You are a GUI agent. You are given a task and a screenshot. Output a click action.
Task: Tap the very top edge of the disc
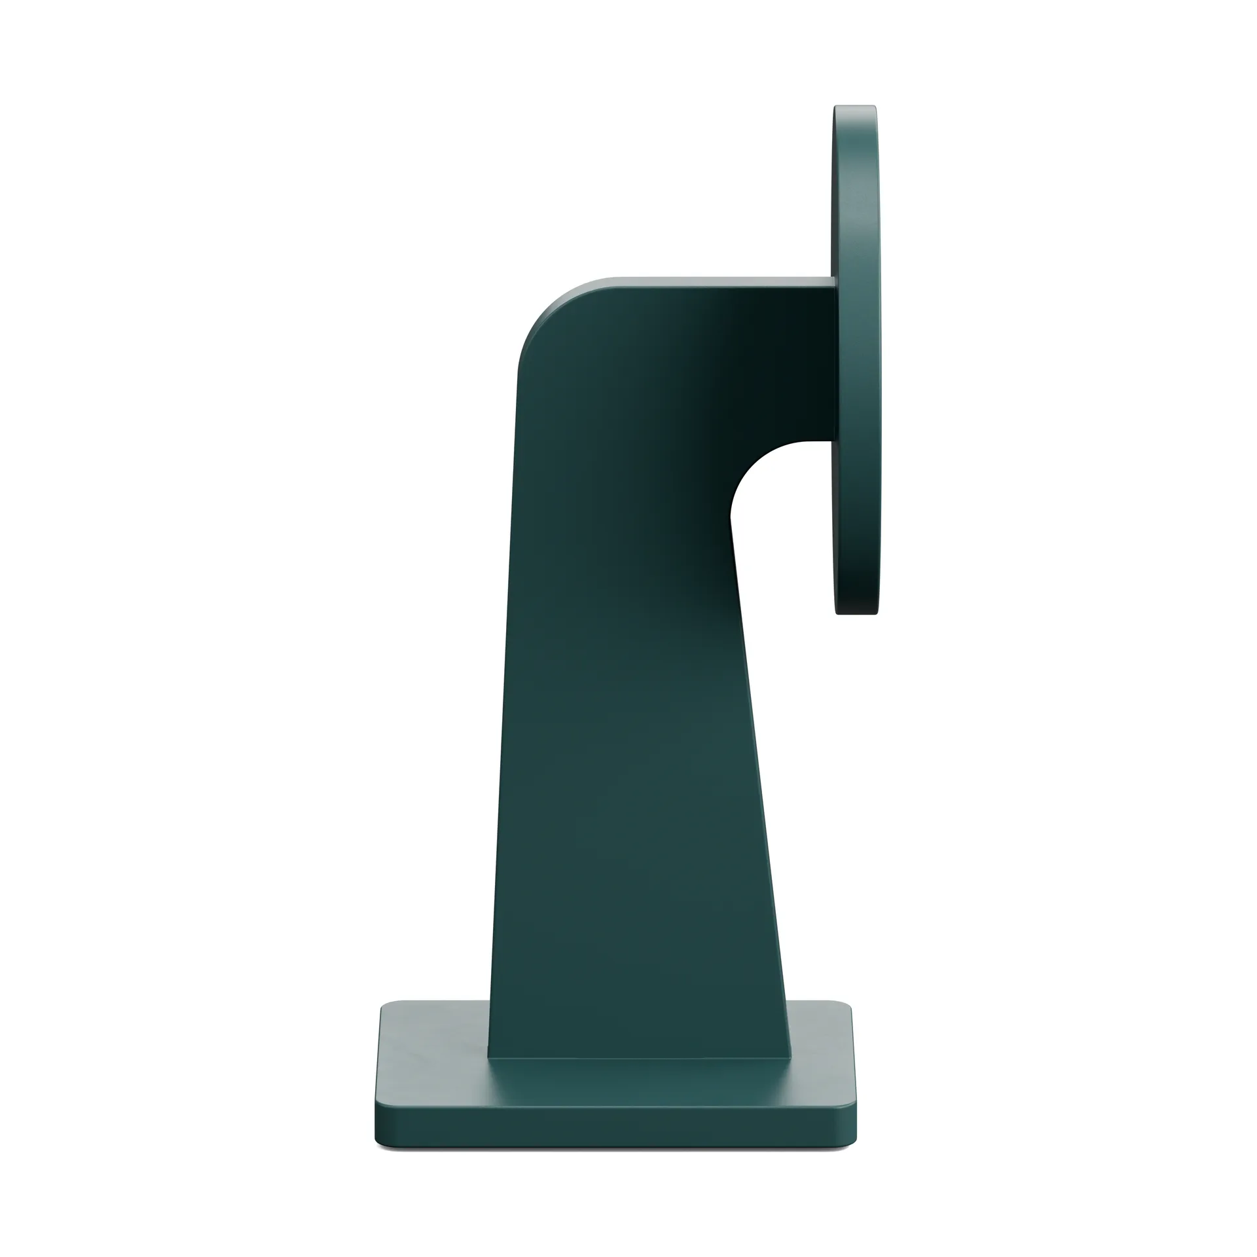click(x=855, y=106)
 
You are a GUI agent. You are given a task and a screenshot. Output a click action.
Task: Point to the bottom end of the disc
click(x=856, y=613)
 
